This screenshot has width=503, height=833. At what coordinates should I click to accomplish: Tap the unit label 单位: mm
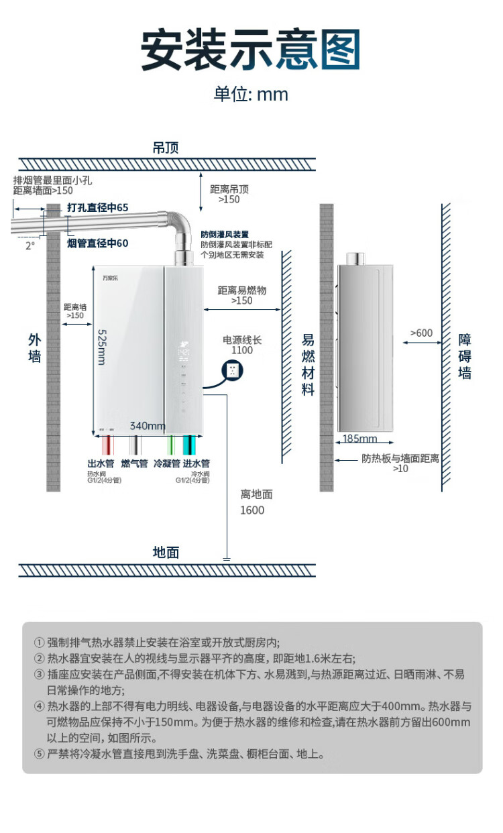[251, 94]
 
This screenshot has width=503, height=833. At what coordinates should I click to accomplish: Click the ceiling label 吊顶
[166, 148]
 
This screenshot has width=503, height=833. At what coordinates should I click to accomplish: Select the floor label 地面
[166, 552]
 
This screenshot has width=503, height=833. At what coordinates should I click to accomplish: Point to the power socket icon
[233, 370]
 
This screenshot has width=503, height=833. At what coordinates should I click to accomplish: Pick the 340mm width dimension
[148, 426]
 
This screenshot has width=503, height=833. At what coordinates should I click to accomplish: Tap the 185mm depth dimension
[359, 439]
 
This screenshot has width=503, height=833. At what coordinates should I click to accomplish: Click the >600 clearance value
[421, 333]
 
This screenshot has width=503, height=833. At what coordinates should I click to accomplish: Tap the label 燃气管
[134, 463]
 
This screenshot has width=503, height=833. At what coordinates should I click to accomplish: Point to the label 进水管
[197, 463]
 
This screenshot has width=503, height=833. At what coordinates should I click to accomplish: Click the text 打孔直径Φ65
[97, 208]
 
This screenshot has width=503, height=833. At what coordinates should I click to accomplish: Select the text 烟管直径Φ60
[97, 243]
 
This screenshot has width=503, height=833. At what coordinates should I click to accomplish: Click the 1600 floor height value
[252, 510]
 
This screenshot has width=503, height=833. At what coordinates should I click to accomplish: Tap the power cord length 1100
[242, 350]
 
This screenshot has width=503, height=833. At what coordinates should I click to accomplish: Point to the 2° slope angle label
[30, 245]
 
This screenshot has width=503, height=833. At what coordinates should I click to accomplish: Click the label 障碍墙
[465, 356]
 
